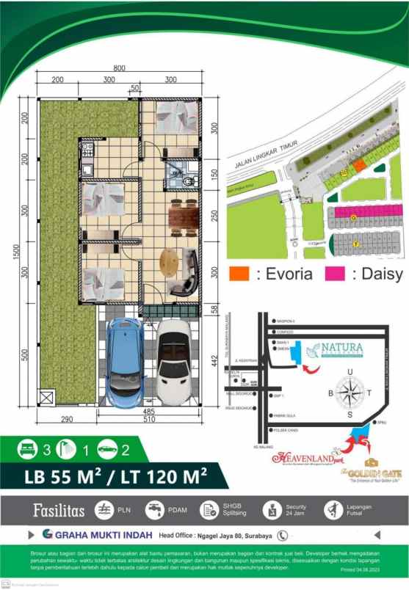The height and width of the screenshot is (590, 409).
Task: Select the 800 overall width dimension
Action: point(120,68)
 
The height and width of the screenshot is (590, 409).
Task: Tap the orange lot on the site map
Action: point(359,166)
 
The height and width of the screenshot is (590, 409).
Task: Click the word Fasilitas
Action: point(58,509)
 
